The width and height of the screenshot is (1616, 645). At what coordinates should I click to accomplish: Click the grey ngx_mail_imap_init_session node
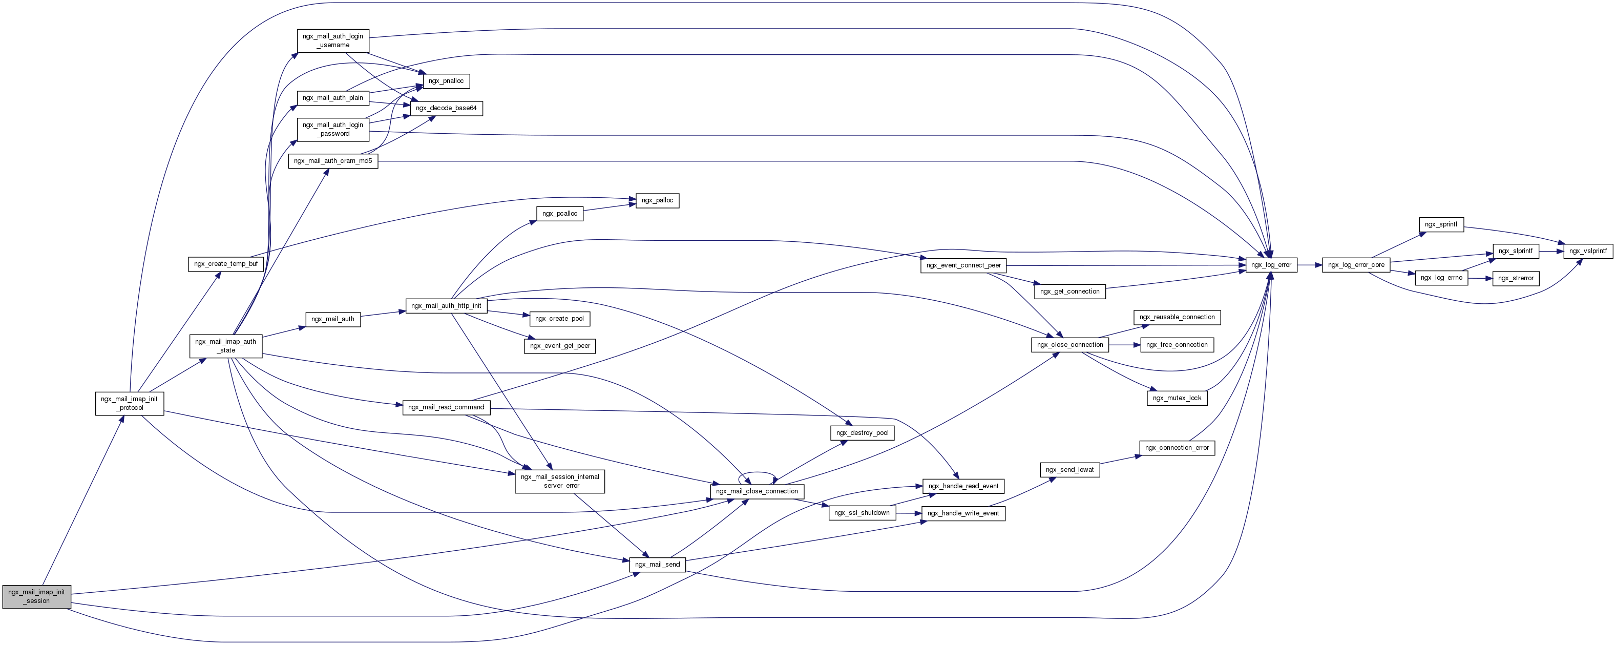click(36, 596)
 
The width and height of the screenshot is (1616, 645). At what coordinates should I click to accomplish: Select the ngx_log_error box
click(1271, 265)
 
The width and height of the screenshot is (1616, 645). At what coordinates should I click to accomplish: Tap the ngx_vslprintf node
click(1588, 251)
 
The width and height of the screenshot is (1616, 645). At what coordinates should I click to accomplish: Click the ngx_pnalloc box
click(446, 81)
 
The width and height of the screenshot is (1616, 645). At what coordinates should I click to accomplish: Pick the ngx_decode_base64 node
click(446, 108)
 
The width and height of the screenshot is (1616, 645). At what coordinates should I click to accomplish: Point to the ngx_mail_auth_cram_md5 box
click(332, 161)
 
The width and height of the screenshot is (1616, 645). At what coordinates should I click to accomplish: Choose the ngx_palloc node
click(657, 200)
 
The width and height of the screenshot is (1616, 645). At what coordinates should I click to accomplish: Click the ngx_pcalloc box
click(559, 213)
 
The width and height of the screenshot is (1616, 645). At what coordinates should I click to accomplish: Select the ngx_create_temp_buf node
click(226, 263)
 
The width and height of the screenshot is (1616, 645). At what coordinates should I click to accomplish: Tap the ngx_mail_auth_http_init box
click(446, 305)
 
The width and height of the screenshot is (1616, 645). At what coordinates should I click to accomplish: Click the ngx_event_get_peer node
click(559, 346)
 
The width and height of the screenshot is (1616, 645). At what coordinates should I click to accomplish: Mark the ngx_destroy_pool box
click(862, 432)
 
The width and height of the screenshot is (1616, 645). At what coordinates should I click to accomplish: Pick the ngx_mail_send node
click(657, 564)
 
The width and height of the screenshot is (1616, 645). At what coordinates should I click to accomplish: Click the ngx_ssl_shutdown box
click(862, 513)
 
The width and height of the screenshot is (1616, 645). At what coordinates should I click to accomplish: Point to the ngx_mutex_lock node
click(1177, 398)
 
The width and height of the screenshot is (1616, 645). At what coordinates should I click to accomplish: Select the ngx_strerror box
click(1515, 278)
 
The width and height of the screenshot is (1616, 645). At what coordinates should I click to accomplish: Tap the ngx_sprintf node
click(1441, 224)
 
